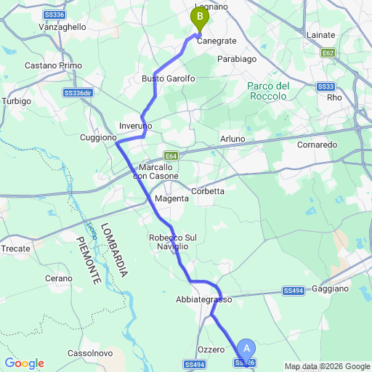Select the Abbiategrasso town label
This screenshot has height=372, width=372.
click(203, 299)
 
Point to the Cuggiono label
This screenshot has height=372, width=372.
click(98, 137)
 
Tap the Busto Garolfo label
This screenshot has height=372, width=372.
click(169, 78)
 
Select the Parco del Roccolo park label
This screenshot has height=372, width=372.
click(267, 91)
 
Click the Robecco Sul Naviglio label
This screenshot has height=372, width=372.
click(169, 242)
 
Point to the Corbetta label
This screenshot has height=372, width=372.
click(208, 191)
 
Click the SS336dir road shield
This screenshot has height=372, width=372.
click(78, 93)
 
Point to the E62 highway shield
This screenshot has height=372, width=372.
click(328, 53)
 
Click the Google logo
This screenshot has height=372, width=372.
click(24, 363)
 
